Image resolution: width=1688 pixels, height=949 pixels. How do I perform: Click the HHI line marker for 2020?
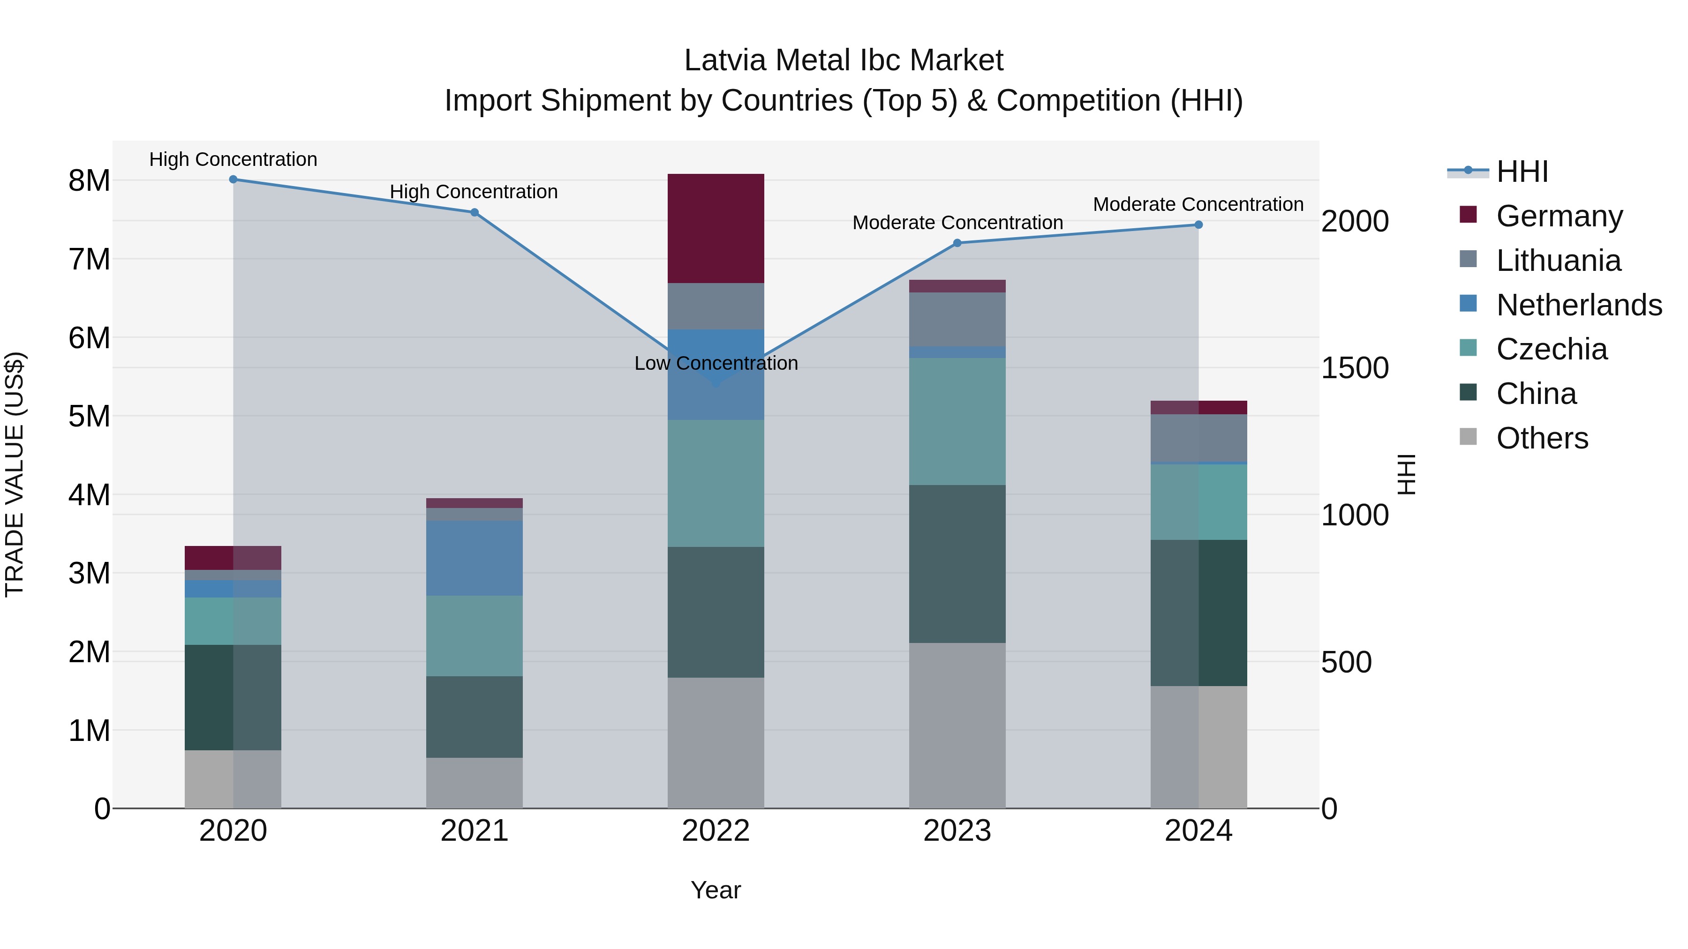234,179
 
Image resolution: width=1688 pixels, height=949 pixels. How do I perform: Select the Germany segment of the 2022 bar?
716,229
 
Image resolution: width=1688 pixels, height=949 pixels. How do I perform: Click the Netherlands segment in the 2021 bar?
475,558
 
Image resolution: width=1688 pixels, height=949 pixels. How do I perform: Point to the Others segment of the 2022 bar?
716,743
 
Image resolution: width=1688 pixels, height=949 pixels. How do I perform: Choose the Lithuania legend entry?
1558,261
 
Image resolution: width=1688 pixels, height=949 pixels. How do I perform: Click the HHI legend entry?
1522,172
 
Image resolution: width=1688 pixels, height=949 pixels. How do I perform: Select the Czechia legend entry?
1551,349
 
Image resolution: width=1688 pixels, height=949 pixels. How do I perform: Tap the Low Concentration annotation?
716,364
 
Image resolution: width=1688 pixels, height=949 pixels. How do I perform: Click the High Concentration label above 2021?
474,192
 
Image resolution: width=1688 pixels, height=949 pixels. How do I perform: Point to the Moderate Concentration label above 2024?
1198,204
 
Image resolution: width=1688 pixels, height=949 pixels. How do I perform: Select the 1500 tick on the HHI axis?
1354,368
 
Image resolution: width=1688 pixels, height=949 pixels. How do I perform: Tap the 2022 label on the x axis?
716,831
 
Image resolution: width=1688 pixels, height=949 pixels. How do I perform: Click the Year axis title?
716,890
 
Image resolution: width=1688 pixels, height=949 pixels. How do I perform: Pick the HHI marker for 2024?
1198,224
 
